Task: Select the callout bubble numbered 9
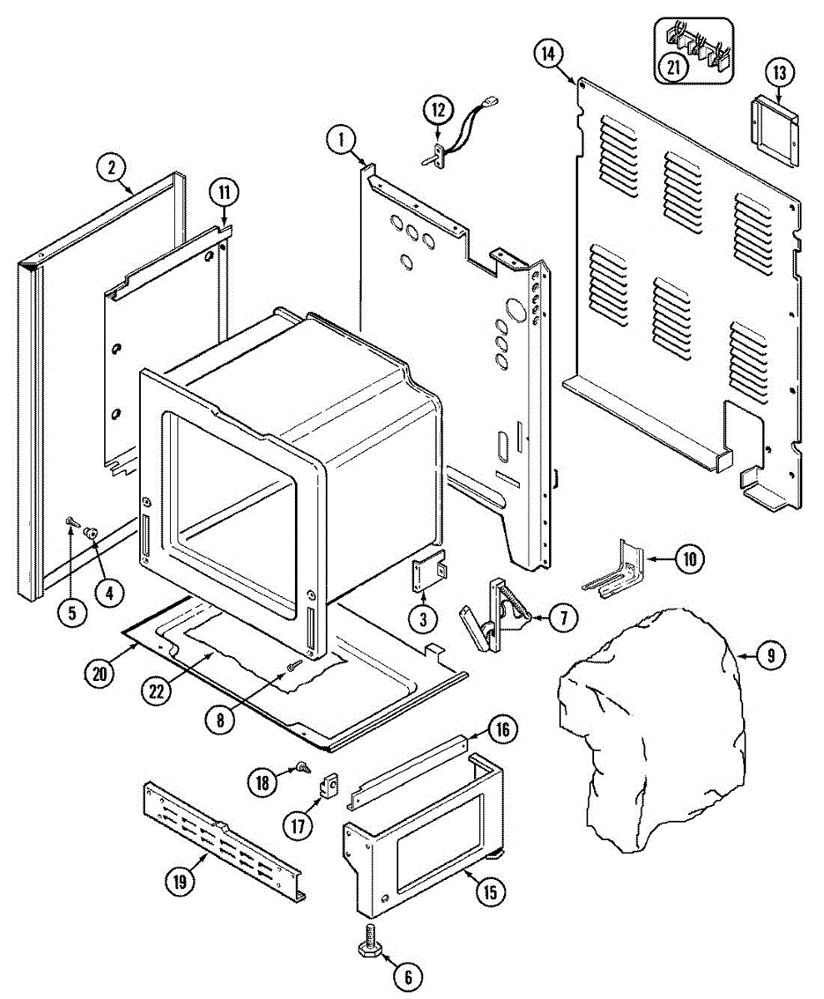point(770,656)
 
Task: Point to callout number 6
point(407,975)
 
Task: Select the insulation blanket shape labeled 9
point(650,733)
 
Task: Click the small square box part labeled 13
point(775,122)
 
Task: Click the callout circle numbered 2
point(110,166)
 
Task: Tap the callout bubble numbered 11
point(223,193)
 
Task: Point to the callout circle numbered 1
point(341,139)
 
